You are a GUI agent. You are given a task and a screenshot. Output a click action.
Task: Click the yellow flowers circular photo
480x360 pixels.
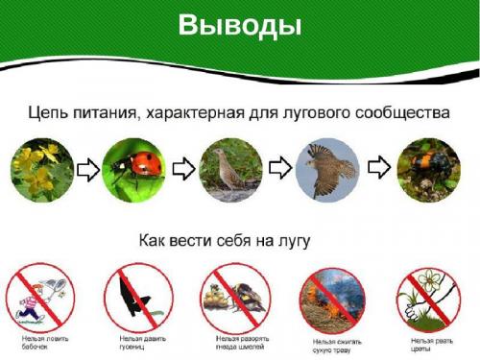41,169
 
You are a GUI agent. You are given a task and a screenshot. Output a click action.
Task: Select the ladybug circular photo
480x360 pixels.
132,169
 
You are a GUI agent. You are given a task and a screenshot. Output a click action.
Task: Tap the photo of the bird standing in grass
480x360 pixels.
230,169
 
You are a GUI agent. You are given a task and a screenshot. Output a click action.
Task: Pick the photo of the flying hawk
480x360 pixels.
328,170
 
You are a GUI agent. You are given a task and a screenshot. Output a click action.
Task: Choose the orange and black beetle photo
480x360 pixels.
426,169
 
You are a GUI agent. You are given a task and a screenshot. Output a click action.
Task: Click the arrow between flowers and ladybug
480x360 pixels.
86,170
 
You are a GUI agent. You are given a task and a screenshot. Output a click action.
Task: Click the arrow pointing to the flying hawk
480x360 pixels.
279,169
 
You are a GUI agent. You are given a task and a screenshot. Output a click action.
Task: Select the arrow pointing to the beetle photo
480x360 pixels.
379,169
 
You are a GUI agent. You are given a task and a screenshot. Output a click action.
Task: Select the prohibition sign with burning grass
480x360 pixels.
330,299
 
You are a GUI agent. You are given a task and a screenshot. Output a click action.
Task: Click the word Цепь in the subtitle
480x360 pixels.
51,113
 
